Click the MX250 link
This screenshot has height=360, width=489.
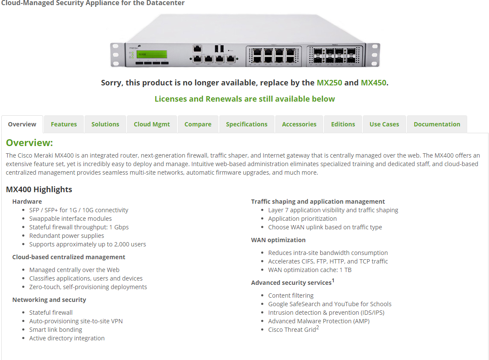[x=329, y=82]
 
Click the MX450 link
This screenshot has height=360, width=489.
[x=374, y=82]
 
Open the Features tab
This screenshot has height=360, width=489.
[x=64, y=124]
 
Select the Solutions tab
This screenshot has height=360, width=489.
[x=105, y=124]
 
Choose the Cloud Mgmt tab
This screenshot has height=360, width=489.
[x=152, y=124]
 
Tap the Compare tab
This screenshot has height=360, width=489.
[x=198, y=124]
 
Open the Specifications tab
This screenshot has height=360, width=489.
[x=247, y=124]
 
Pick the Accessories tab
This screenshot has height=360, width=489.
[x=299, y=124]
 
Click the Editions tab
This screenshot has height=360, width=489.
[x=343, y=124]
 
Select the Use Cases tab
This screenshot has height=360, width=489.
[x=384, y=124]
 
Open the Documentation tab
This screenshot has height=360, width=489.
[x=437, y=124]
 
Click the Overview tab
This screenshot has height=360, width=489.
[x=22, y=124]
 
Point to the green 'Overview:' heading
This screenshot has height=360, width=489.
[x=29, y=143]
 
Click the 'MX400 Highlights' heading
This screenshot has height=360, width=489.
[x=39, y=189]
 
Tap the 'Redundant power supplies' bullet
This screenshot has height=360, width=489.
[x=67, y=236]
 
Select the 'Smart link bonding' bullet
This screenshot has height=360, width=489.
[x=56, y=330]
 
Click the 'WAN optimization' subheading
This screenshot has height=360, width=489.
[x=278, y=240]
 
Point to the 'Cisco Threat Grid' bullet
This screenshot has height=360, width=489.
[x=292, y=330]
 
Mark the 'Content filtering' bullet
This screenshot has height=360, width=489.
[x=291, y=296]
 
